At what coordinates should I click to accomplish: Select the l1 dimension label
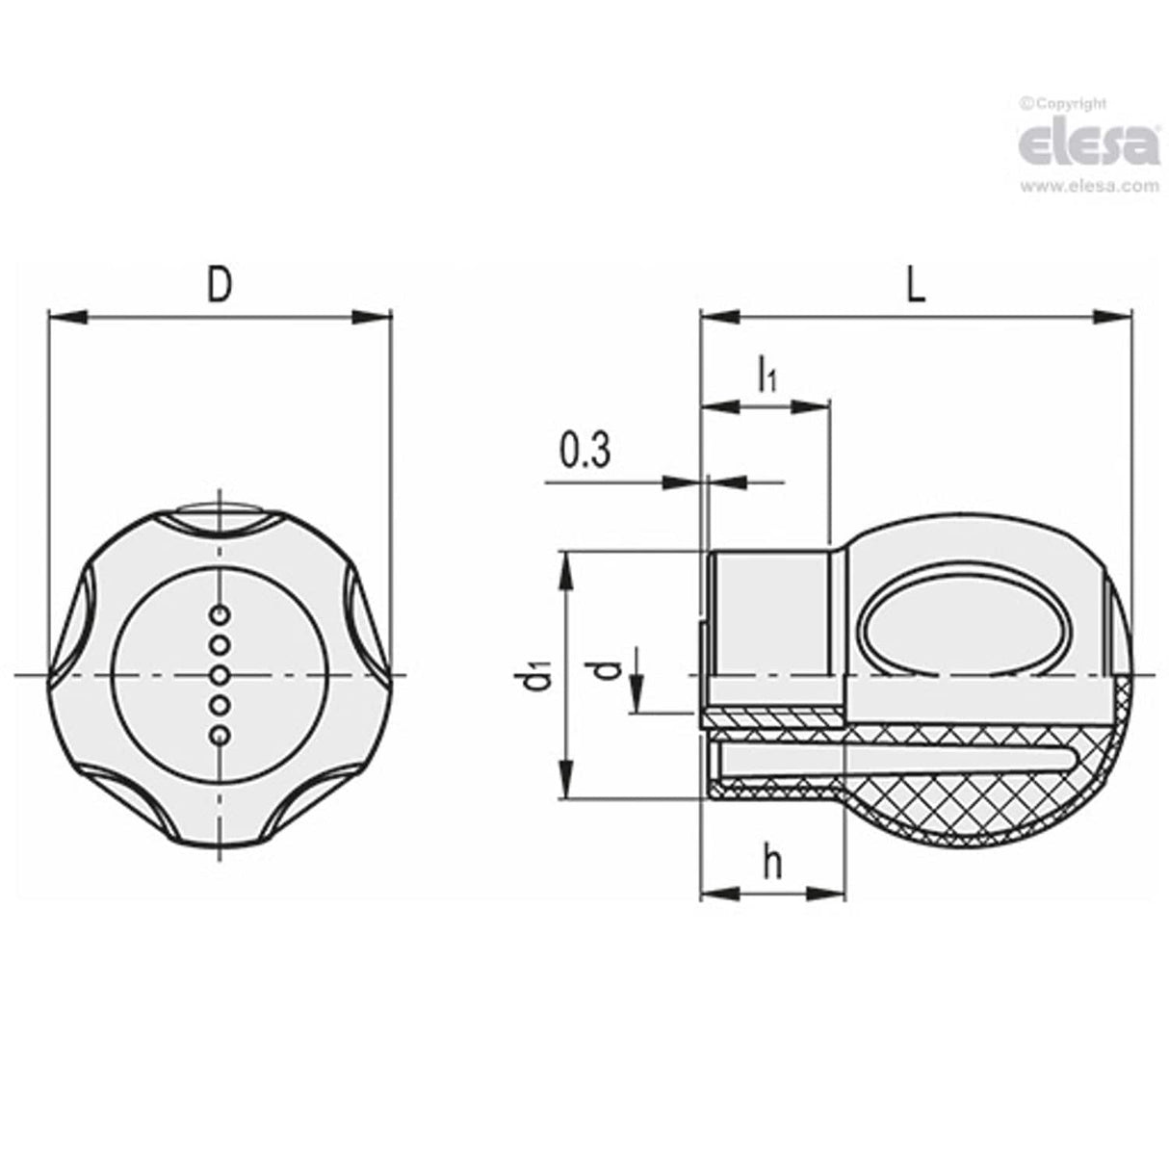766,374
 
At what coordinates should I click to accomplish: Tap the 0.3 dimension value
584,451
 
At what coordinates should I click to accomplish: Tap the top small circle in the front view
221,613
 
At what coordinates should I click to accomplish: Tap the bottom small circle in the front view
221,737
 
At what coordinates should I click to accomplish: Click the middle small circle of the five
221,675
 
